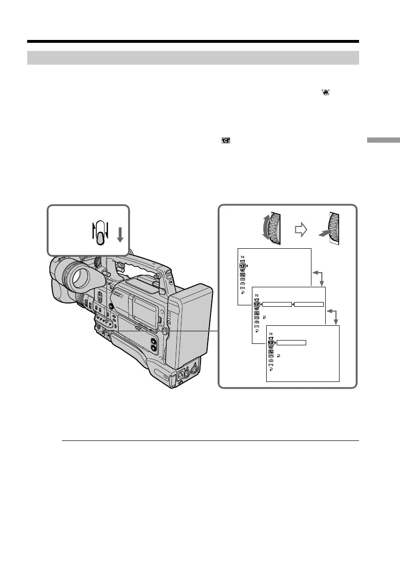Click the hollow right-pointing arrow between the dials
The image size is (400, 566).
point(301,230)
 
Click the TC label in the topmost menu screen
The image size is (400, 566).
point(242,257)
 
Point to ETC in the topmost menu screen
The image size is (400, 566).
point(242,289)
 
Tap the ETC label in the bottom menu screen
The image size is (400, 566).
point(271,365)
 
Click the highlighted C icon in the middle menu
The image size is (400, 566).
point(257,304)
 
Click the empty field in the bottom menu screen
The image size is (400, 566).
point(291,342)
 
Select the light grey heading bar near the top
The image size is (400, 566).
point(192,58)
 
